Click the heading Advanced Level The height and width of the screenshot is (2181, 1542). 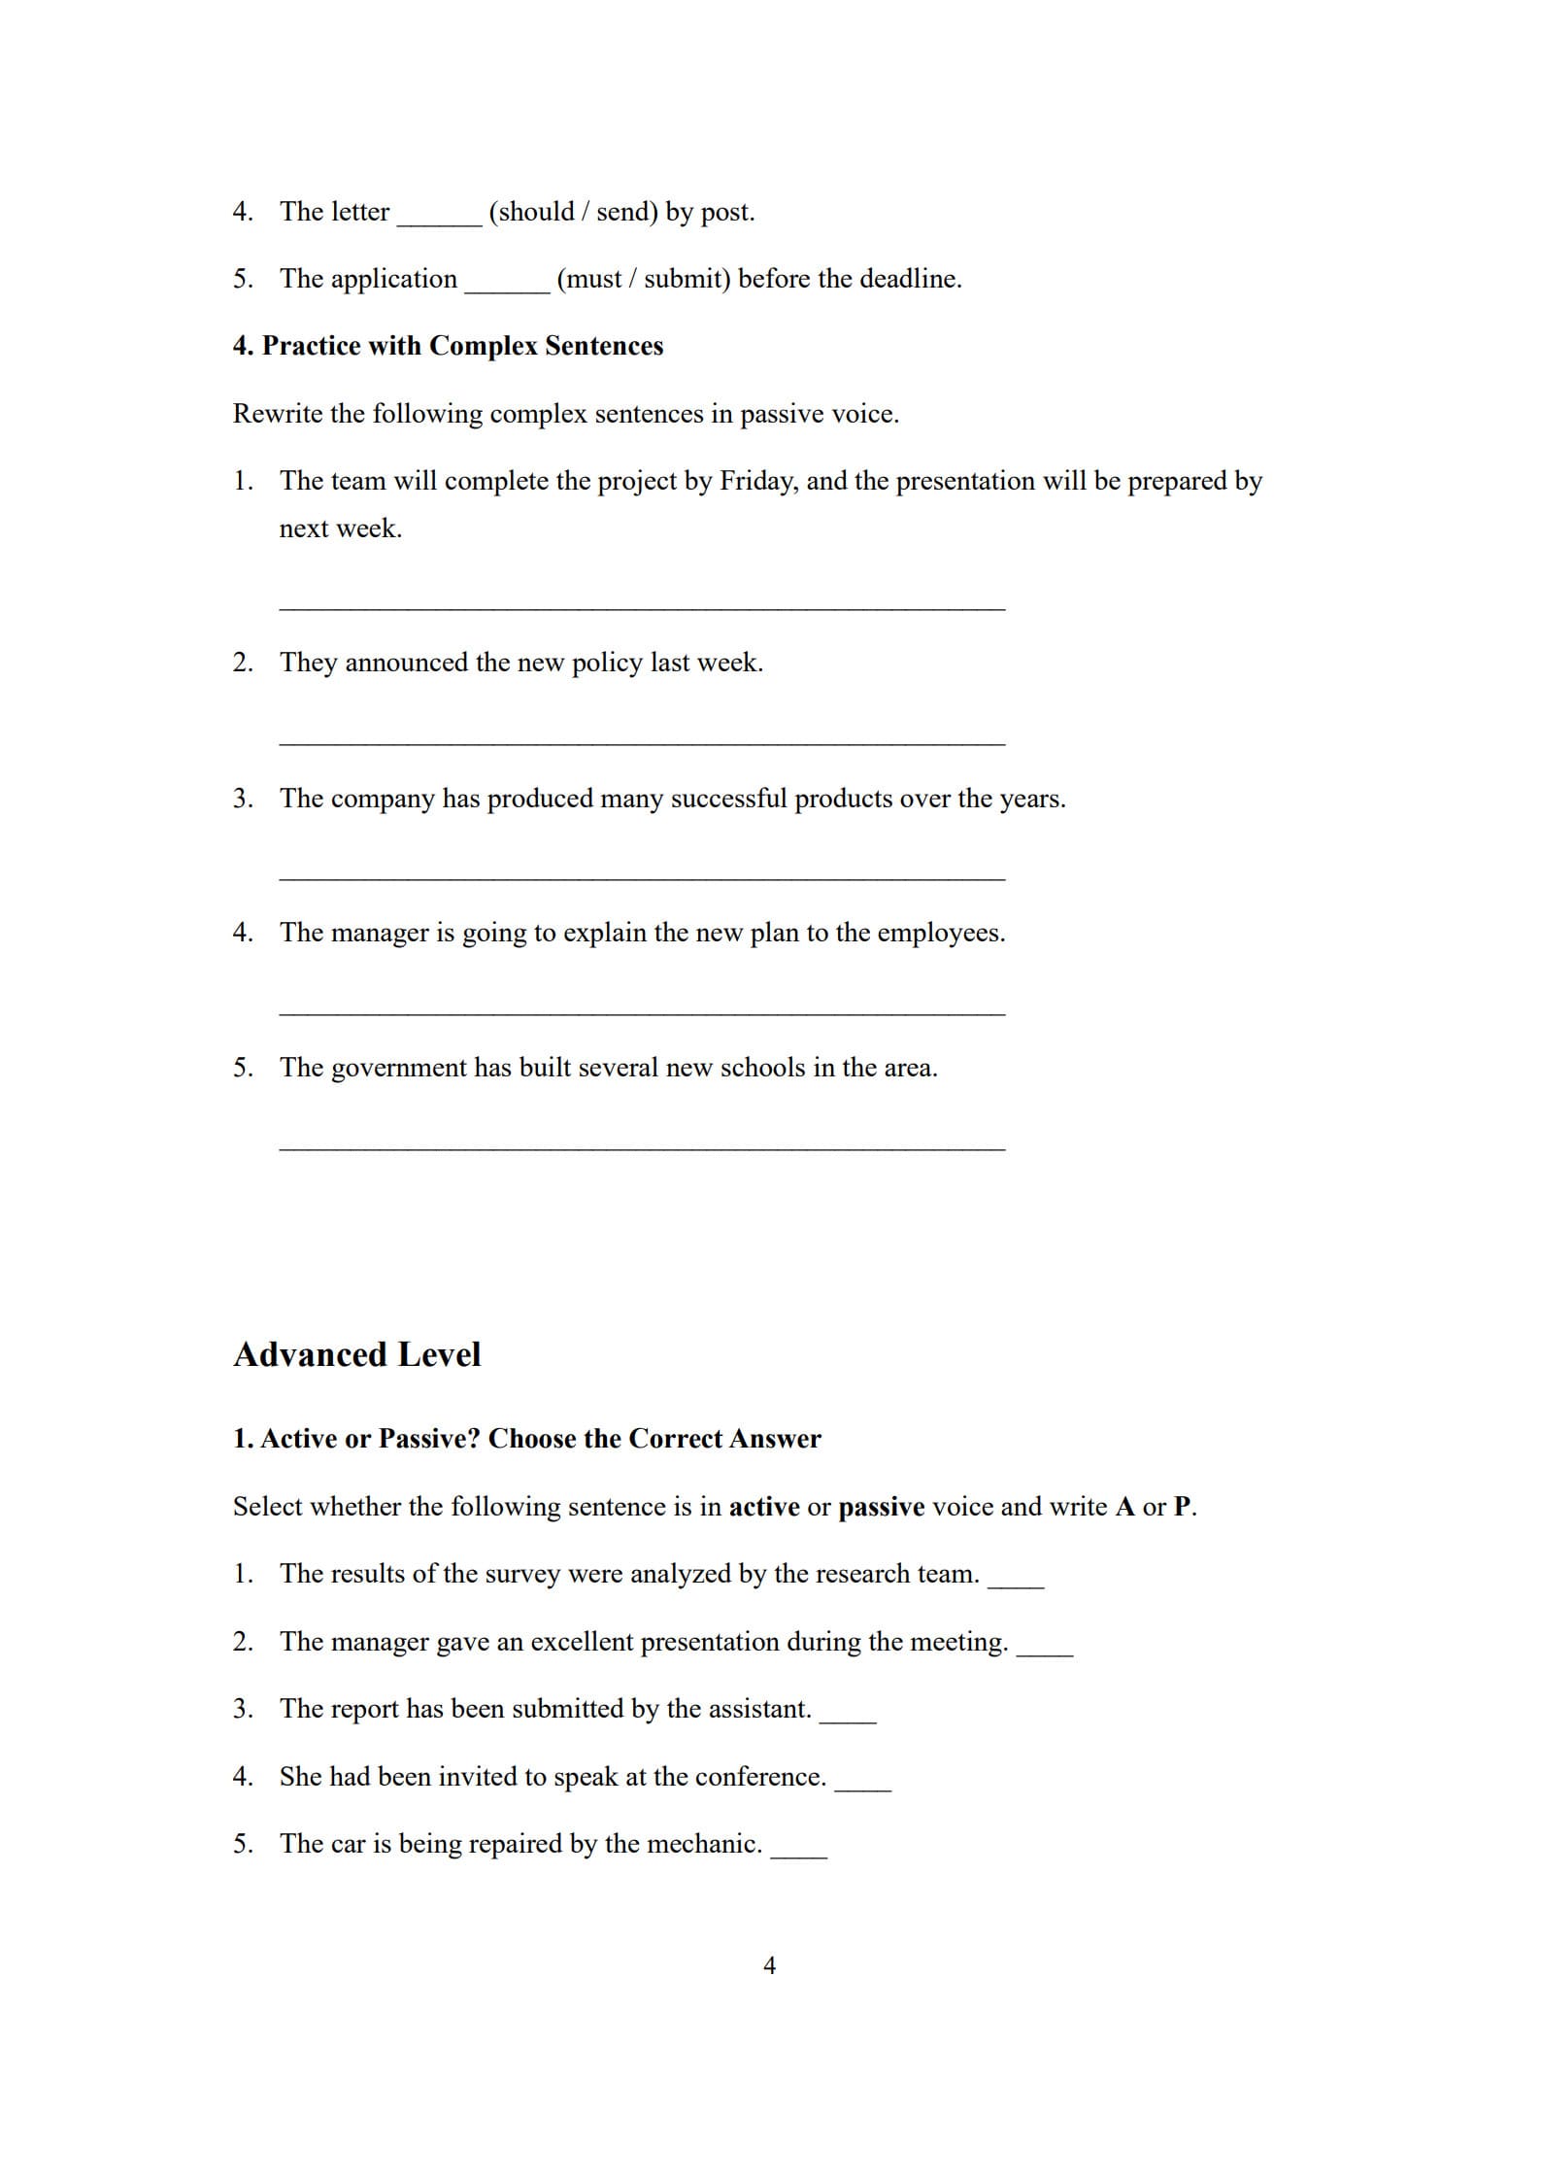tap(356, 1354)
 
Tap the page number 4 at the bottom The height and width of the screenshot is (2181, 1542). tap(769, 1965)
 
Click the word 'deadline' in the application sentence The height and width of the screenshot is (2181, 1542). tap(908, 279)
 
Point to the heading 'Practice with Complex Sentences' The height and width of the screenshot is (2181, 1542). tap(448, 346)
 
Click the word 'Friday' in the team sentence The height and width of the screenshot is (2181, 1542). tap(756, 481)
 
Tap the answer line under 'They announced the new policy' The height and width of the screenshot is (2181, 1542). tap(642, 743)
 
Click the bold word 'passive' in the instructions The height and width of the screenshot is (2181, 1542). tap(881, 1507)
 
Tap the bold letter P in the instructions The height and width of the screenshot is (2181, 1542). tap(1182, 1507)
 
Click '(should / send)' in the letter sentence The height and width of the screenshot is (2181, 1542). tap(573, 212)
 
